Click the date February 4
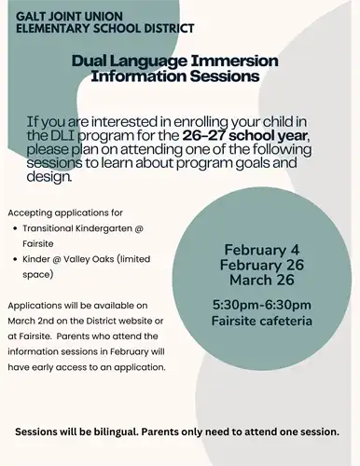click(x=260, y=249)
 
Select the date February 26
click(x=260, y=265)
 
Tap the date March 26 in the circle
click(x=261, y=281)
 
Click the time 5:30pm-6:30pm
click(x=261, y=305)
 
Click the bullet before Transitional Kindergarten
click(x=13, y=229)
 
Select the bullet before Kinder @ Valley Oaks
click(x=13, y=260)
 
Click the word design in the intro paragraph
click(x=49, y=174)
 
